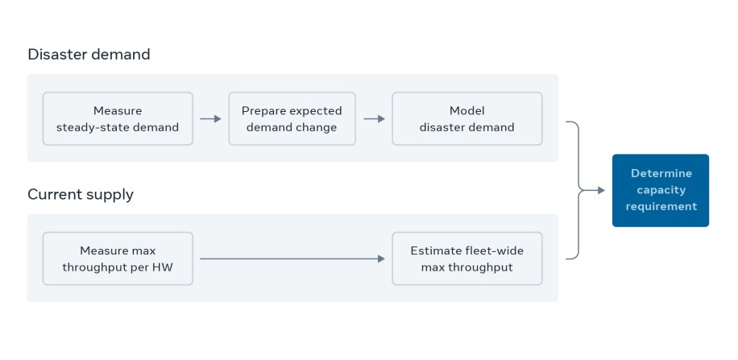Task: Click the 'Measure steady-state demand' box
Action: click(x=118, y=118)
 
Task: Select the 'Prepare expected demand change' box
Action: click(x=292, y=118)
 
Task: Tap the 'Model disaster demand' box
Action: click(x=466, y=118)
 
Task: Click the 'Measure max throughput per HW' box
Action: click(x=118, y=259)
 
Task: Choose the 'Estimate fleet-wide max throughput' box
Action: click(x=466, y=259)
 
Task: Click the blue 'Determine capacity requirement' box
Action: click(x=660, y=190)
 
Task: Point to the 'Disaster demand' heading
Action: click(x=89, y=55)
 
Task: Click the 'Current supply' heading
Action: click(x=81, y=194)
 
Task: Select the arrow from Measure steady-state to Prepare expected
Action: click(x=210, y=119)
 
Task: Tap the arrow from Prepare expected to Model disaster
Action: click(x=375, y=119)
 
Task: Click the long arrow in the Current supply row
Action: click(x=292, y=259)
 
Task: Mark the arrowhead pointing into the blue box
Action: click(x=600, y=190)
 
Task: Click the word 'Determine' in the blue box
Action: click(x=661, y=173)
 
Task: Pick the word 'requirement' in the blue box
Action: click(x=661, y=207)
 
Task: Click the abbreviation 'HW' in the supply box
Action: click(x=162, y=267)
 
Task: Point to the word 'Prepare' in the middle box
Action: click(x=263, y=110)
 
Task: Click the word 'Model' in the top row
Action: click(x=466, y=110)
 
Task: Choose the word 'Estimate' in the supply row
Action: click(x=433, y=250)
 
